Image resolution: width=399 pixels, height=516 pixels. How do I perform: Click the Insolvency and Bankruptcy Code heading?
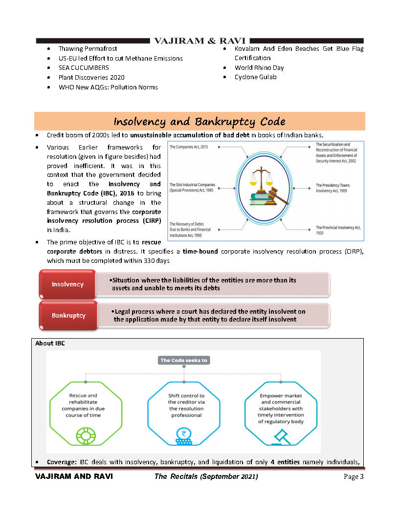199,121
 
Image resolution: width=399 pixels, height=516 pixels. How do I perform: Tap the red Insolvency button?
67,284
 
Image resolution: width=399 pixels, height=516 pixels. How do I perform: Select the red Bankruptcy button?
68,315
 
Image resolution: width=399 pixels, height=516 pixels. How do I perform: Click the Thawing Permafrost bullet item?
88,49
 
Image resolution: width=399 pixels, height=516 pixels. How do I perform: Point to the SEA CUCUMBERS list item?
84,68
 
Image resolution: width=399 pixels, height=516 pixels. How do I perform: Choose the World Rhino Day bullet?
259,68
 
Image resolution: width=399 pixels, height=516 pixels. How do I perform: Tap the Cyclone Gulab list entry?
255,77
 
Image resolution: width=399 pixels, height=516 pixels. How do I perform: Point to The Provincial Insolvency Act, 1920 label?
338,230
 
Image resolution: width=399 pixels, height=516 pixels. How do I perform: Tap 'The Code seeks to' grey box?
184,361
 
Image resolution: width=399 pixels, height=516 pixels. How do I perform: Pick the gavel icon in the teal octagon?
281,435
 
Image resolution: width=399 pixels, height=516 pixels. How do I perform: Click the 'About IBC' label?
50,344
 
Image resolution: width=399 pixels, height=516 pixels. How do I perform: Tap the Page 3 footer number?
354,477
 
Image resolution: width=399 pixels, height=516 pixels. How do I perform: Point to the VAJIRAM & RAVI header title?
199,41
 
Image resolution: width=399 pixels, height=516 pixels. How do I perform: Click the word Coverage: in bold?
62,462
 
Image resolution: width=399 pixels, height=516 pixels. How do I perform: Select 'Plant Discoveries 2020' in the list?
91,77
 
